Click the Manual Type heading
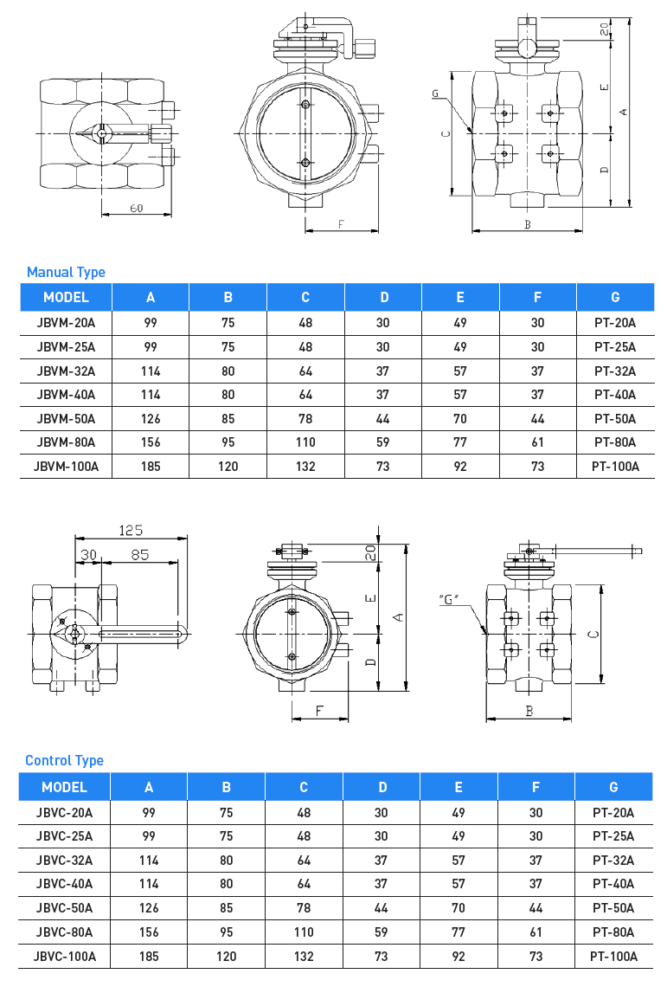(x=66, y=272)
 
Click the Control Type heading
(x=64, y=760)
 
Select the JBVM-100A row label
(x=67, y=466)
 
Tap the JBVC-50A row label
(x=65, y=907)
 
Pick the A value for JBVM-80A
(x=151, y=442)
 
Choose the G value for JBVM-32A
(x=615, y=371)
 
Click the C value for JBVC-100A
(x=304, y=956)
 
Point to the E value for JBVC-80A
(x=459, y=932)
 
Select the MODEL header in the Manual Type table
(x=67, y=297)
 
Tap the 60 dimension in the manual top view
(x=137, y=208)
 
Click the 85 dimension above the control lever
(x=139, y=554)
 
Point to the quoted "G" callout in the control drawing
(x=448, y=598)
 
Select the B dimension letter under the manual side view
(x=527, y=225)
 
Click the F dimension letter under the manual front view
(x=341, y=224)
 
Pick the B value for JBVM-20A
(x=228, y=323)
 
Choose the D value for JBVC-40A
(x=382, y=884)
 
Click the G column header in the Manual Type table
(x=615, y=297)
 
